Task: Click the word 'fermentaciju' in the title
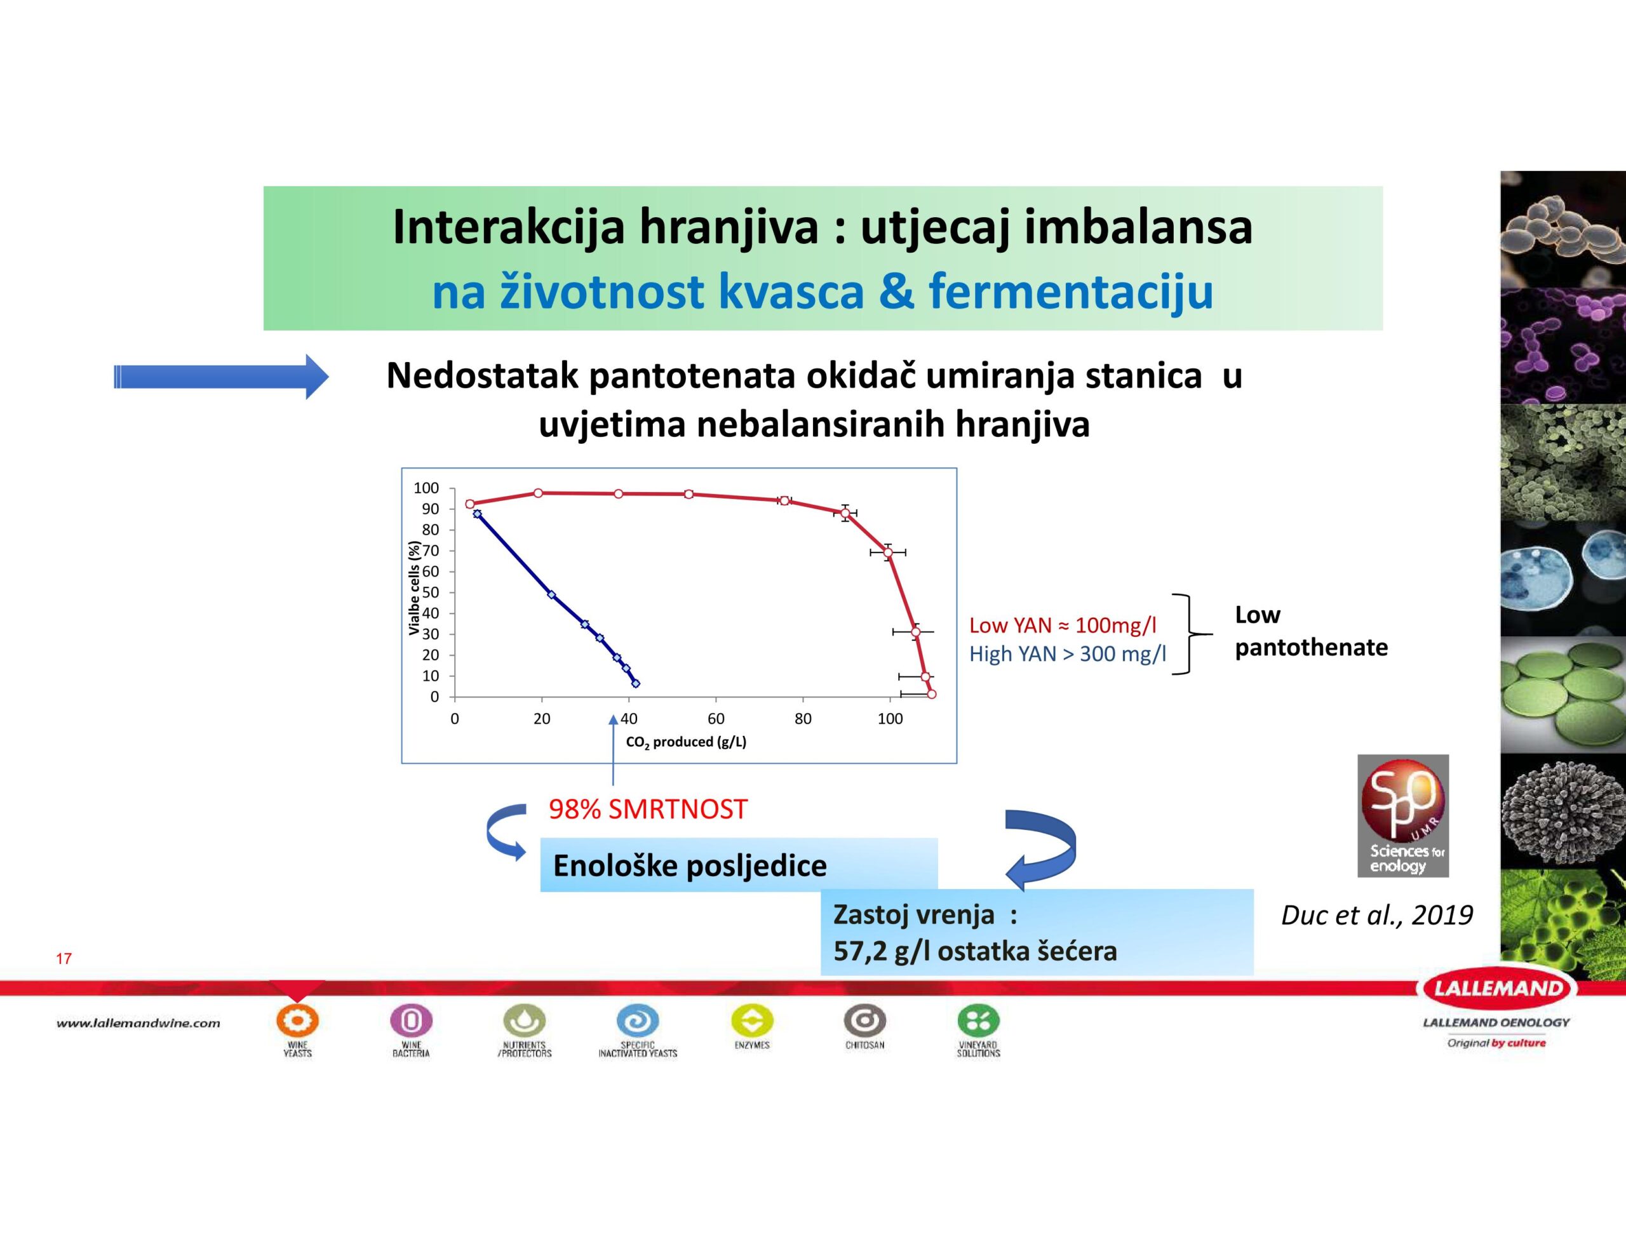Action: (1072, 293)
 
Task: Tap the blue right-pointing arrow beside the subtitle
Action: (221, 377)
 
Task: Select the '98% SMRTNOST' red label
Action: (648, 810)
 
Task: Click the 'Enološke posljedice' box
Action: (739, 865)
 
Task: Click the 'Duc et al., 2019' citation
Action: (1376, 915)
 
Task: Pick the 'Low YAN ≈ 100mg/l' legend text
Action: (1063, 625)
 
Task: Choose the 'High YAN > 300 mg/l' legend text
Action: (1068, 653)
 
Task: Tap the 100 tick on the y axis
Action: (427, 488)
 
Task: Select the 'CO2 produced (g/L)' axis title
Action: (686, 742)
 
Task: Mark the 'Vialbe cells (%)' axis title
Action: (414, 588)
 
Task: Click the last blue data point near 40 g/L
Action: (635, 683)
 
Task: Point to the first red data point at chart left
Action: (470, 504)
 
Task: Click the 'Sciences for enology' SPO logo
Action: (1402, 816)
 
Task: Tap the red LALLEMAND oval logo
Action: (1496, 989)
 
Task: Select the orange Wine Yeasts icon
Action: (297, 1020)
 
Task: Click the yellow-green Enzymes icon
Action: (752, 1020)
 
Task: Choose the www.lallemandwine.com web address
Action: (138, 1023)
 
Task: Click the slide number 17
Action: (64, 958)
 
